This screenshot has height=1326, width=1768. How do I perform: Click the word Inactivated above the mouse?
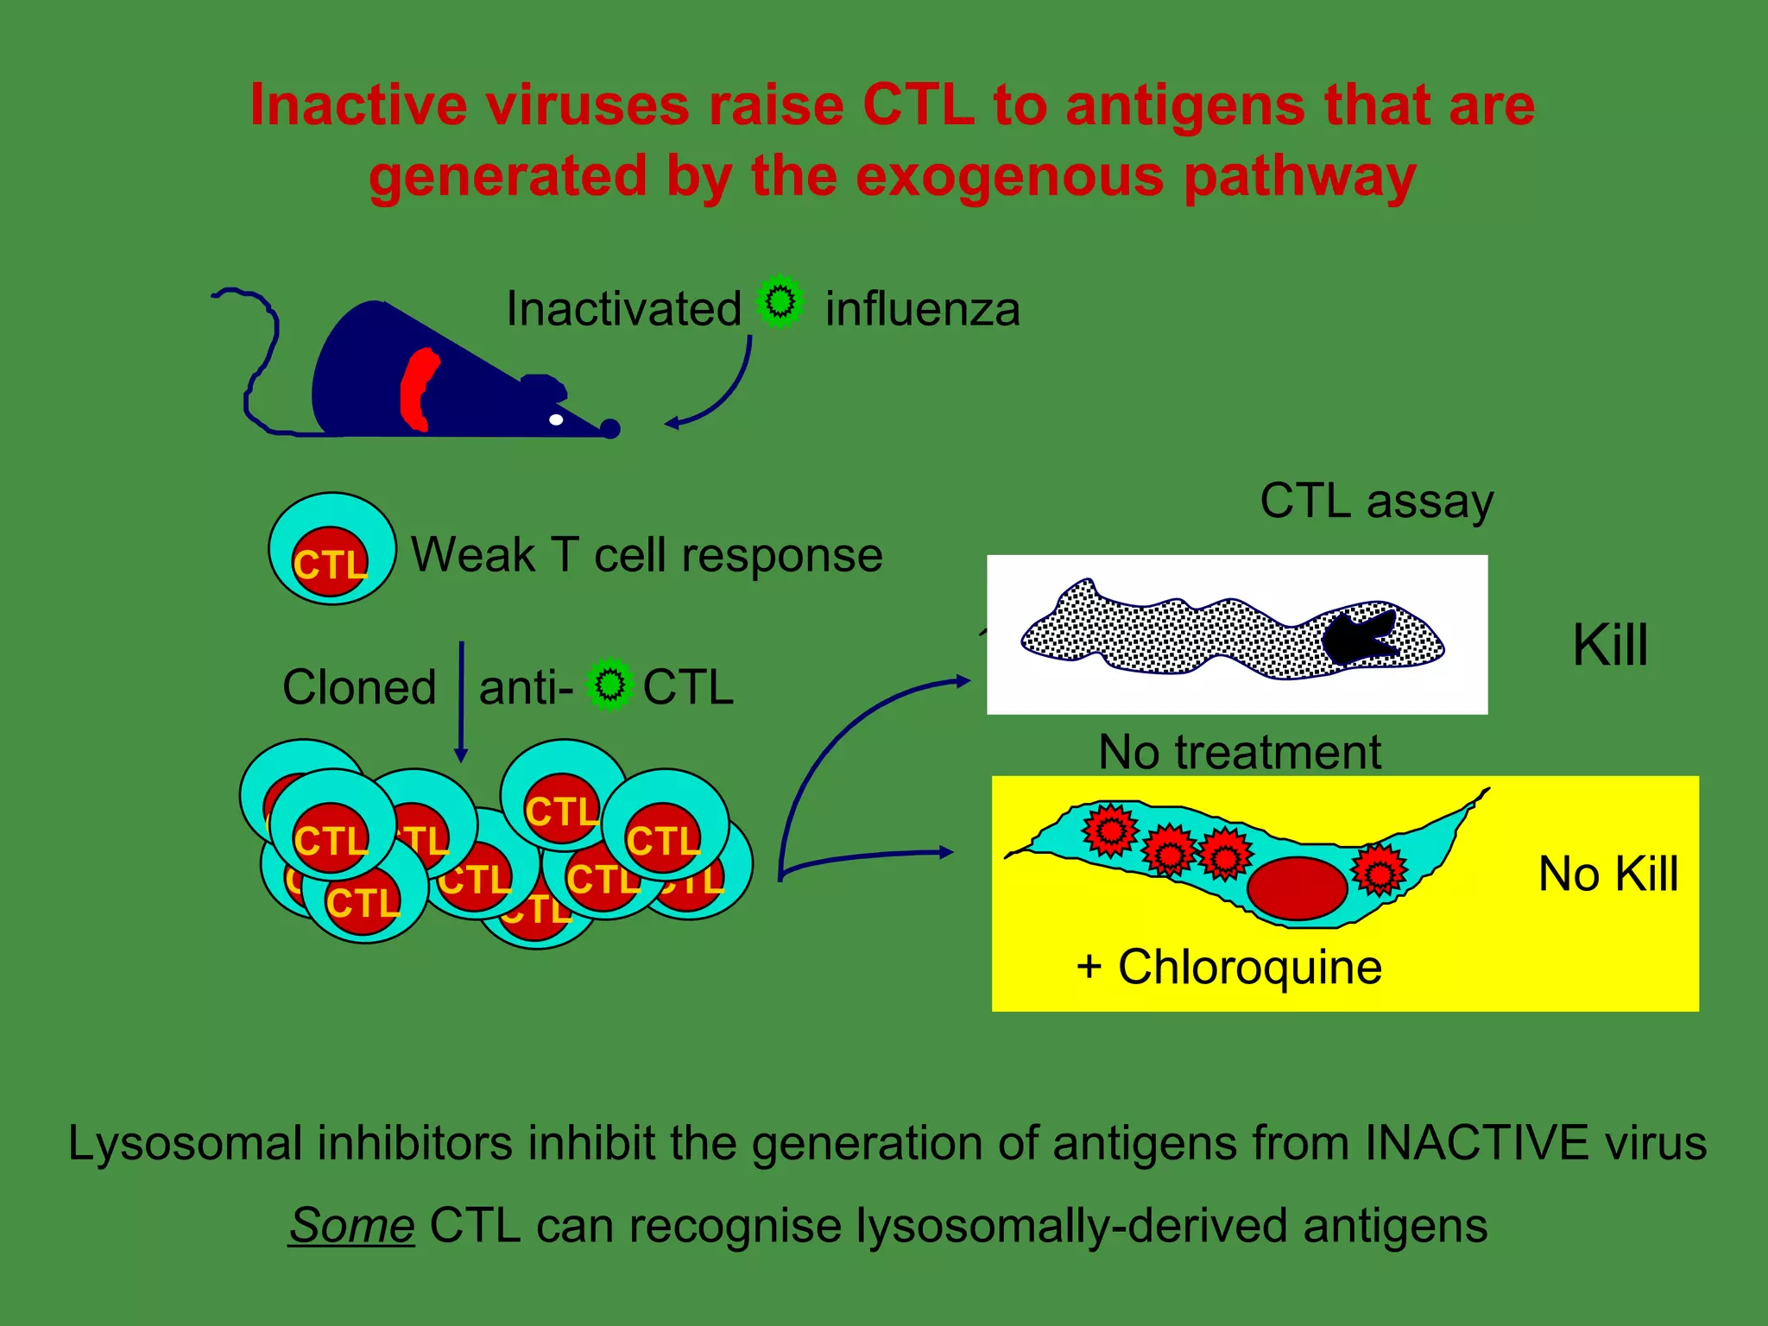[x=622, y=309]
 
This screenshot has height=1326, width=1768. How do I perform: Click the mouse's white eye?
[x=557, y=420]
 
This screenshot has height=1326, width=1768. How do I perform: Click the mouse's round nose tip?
[x=610, y=428]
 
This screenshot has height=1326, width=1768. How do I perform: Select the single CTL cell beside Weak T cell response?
[x=332, y=549]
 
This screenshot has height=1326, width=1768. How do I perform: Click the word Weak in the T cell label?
[x=473, y=554]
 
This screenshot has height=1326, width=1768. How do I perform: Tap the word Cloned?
[x=359, y=687]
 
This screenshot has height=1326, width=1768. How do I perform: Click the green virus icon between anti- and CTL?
[x=610, y=685]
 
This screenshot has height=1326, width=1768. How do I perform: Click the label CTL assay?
[x=1376, y=501]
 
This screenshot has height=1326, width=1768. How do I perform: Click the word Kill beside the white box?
[x=1610, y=645]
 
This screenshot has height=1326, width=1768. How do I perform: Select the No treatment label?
[x=1240, y=752]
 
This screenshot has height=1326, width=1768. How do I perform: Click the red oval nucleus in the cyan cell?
[x=1297, y=888]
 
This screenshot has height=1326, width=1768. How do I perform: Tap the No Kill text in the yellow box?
[x=1607, y=874]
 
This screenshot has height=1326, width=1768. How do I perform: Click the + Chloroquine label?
[x=1229, y=967]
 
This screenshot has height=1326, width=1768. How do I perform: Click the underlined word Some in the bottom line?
[x=351, y=1225]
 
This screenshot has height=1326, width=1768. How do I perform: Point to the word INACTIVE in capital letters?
[x=1476, y=1143]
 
